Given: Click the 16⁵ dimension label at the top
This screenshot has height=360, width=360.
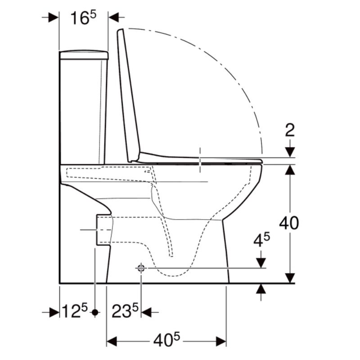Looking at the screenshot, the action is [x=83, y=18].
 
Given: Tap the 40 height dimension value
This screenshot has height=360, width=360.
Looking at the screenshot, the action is [x=289, y=223].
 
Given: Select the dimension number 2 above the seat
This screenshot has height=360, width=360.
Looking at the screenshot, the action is [x=290, y=130].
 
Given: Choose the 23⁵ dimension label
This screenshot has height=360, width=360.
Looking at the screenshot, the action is [x=125, y=310].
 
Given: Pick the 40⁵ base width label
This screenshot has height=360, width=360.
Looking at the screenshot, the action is [x=166, y=340].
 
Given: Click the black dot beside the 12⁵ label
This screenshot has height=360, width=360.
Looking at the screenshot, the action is [x=95, y=312].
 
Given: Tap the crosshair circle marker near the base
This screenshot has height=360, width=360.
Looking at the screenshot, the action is [x=141, y=268].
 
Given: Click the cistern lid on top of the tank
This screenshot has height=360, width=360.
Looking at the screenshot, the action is [x=84, y=54].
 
